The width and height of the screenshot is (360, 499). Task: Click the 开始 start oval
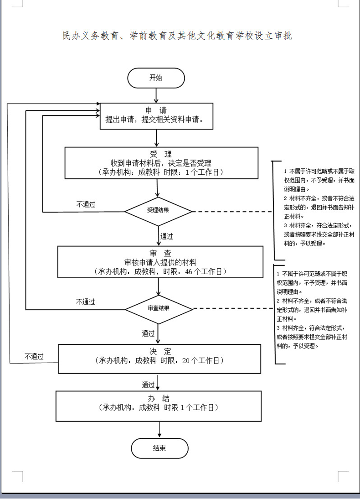pyautogui.click(x=156, y=78)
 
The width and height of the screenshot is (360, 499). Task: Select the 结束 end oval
pyautogui.click(x=159, y=448)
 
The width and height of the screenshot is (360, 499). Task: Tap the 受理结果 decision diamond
pyautogui.click(x=159, y=211)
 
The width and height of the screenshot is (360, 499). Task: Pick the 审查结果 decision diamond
pyautogui.click(x=159, y=309)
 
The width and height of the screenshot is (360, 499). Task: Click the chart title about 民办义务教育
pyautogui.click(x=177, y=36)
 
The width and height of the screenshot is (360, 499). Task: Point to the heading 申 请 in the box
pyautogui.click(x=156, y=110)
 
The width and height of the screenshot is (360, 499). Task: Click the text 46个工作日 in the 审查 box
pyautogui.click(x=205, y=271)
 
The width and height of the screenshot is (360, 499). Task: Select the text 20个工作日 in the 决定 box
pyautogui.click(x=202, y=360)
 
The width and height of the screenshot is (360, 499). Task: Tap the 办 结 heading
pyautogui.click(x=159, y=398)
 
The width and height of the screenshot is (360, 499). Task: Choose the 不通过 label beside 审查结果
pyautogui.click(x=86, y=302)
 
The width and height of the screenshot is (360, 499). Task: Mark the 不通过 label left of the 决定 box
pyautogui.click(x=34, y=357)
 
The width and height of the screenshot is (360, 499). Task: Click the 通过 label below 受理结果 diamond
pyautogui.click(x=166, y=236)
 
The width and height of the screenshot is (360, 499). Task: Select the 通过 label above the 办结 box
pyautogui.click(x=148, y=384)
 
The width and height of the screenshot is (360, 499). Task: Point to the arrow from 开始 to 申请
pyautogui.click(x=156, y=95)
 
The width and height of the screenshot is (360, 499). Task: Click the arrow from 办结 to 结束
pyautogui.click(x=159, y=430)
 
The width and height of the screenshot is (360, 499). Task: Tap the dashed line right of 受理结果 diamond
pyautogui.click(x=232, y=212)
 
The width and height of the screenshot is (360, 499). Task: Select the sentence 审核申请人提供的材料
pyautogui.click(x=160, y=262)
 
